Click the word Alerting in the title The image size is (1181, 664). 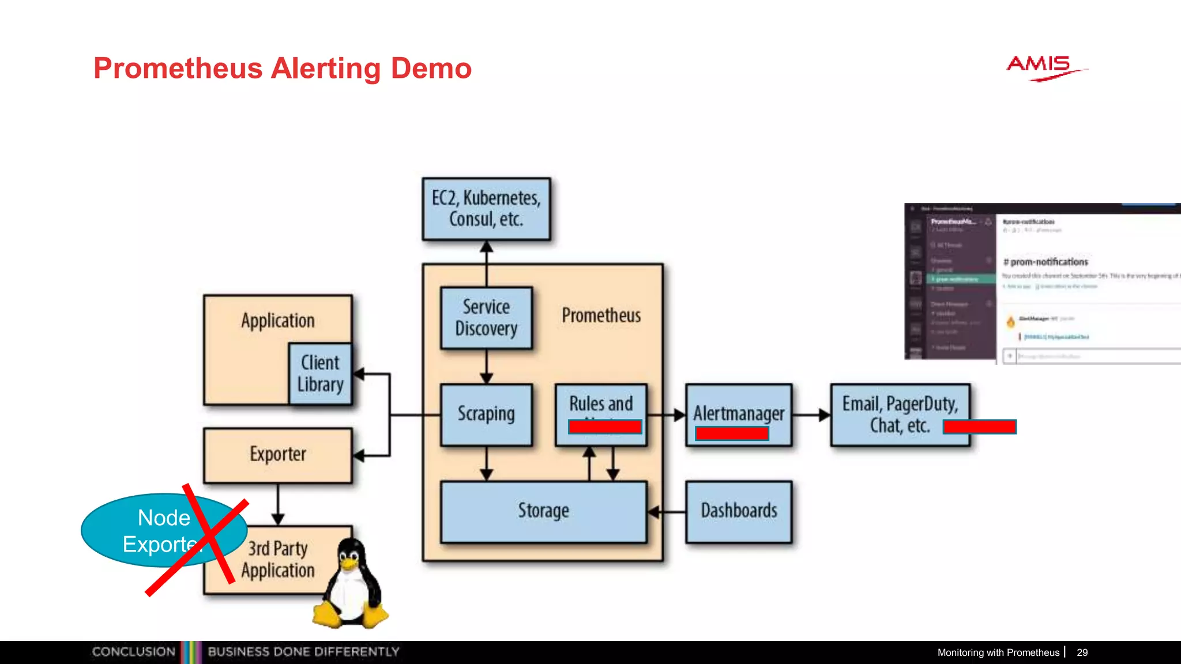click(x=326, y=69)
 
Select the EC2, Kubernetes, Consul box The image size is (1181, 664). click(x=486, y=209)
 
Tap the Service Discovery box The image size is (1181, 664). click(x=486, y=318)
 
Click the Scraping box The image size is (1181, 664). click(x=486, y=414)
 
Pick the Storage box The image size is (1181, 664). click(x=543, y=511)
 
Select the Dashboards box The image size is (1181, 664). click(x=739, y=511)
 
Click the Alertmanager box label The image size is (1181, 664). click(x=739, y=413)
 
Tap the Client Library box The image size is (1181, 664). click(x=320, y=373)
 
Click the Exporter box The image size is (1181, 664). click(x=277, y=455)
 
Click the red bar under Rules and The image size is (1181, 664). click(x=604, y=427)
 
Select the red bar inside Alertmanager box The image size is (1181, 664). click(x=732, y=433)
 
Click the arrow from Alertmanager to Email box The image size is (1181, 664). click(x=811, y=414)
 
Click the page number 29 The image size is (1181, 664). click(x=1082, y=652)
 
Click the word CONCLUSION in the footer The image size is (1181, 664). click(x=134, y=652)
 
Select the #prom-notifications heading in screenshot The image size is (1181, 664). click(x=1045, y=262)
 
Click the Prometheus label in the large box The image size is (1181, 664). click(x=601, y=315)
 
